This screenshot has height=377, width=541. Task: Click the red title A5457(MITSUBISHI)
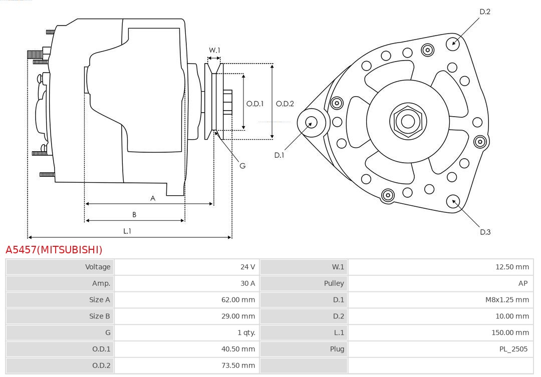54,250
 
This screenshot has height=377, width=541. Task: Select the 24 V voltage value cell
247,267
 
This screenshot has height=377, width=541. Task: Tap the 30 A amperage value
247,283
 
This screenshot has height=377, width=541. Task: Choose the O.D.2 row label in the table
101,365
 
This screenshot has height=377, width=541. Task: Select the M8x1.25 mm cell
507,300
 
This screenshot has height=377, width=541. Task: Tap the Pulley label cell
334,283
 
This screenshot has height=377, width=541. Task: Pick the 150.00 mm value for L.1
510,332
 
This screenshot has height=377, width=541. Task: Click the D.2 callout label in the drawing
485,12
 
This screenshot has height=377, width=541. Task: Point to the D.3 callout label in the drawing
485,232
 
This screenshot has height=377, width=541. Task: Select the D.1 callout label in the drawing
279,155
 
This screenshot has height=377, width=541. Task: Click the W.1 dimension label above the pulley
214,50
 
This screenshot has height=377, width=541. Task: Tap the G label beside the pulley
242,166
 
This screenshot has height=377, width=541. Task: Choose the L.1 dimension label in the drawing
127,231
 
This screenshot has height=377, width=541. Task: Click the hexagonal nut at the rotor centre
408,121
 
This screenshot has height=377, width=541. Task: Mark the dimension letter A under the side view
153,198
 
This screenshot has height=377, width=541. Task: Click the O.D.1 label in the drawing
255,104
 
